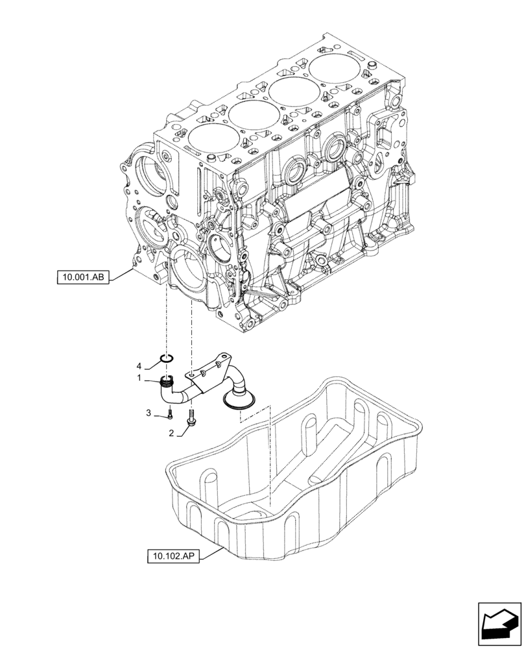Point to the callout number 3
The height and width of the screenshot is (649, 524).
149,413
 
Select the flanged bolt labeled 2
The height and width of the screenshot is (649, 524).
191,419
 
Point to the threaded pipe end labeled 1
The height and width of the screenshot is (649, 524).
168,383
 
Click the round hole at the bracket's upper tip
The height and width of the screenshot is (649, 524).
224,356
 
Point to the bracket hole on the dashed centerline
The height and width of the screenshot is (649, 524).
191,374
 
